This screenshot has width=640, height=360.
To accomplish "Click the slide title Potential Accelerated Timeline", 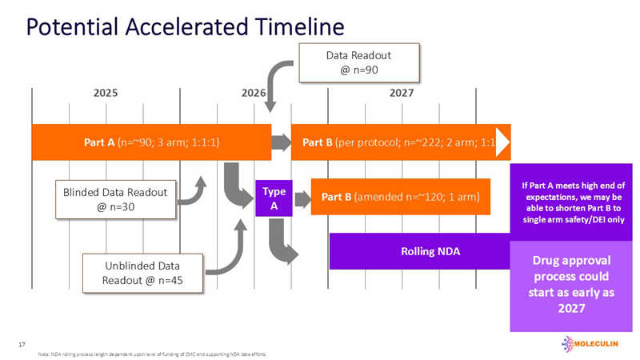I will pyautogui.click(x=185, y=26).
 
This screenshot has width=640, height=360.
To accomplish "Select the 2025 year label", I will pyautogui.click(x=106, y=93).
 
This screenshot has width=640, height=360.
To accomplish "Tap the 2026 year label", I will pyautogui.click(x=254, y=93).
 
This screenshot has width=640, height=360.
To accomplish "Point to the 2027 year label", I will pyautogui.click(x=402, y=93).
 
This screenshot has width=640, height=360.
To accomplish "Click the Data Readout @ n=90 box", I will pyautogui.click(x=359, y=62).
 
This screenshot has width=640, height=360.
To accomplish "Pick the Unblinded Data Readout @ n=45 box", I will pyautogui.click(x=142, y=273).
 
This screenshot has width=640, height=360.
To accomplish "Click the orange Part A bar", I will pyautogui.click(x=151, y=143).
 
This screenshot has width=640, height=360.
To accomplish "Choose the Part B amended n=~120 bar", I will pyautogui.click(x=400, y=197).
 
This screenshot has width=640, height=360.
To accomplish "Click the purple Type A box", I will pyautogui.click(x=274, y=198).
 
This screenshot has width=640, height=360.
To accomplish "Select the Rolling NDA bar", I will pyautogui.click(x=420, y=251).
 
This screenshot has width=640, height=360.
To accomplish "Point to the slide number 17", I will pyautogui.click(x=22, y=344).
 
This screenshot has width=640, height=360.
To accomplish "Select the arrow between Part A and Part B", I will pyautogui.click(x=281, y=143).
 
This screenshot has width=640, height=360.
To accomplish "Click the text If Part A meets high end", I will pyautogui.click(x=573, y=202).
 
